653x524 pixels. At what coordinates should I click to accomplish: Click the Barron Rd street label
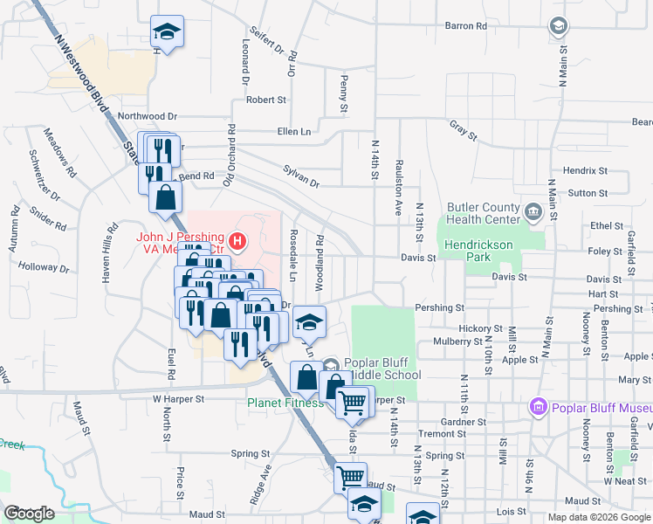465,26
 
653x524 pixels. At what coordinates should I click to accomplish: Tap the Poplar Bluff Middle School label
383,369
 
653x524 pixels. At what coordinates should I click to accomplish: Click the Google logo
30,514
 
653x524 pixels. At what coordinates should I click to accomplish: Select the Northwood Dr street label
148,115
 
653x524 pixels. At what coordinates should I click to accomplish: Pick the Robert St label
266,100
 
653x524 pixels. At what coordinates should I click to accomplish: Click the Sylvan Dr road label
301,176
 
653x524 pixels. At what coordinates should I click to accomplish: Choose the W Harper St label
178,399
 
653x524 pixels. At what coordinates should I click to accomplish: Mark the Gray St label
464,131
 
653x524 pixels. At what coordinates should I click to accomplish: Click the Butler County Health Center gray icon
532,210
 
